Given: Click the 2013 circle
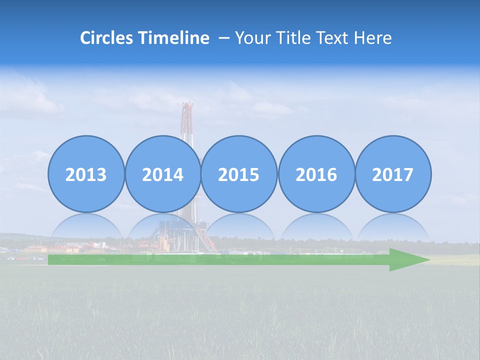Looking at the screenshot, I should point(86,174).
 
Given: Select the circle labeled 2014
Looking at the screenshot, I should point(163,174).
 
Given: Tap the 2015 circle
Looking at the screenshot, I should point(239,174).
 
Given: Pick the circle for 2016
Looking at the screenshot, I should point(316,174).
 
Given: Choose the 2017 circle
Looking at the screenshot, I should point(393,174).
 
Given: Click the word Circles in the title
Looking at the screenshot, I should point(106,38).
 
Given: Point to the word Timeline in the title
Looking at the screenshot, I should point(173,38).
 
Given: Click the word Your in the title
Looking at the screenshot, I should point(253,38).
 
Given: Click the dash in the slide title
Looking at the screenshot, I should point(223,38).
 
